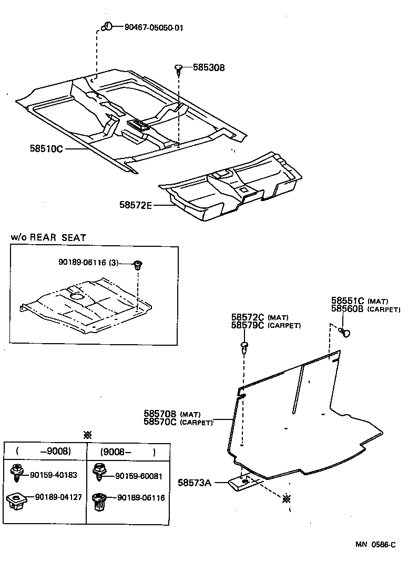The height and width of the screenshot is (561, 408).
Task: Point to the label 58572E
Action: click(135, 205)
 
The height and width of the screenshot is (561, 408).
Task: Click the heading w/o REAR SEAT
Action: click(48, 237)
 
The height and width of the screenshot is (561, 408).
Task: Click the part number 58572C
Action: click(248, 317)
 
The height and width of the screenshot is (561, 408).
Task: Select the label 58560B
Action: click(348, 309)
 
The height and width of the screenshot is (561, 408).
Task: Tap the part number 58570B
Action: click(160, 414)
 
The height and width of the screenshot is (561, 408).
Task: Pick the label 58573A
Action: click(194, 482)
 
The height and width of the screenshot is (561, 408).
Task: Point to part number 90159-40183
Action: click(54, 475)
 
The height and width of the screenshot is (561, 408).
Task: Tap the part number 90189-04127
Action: click(58, 497)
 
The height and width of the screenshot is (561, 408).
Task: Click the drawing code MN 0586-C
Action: click(373, 545)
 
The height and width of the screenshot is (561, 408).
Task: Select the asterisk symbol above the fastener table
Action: click(87, 435)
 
